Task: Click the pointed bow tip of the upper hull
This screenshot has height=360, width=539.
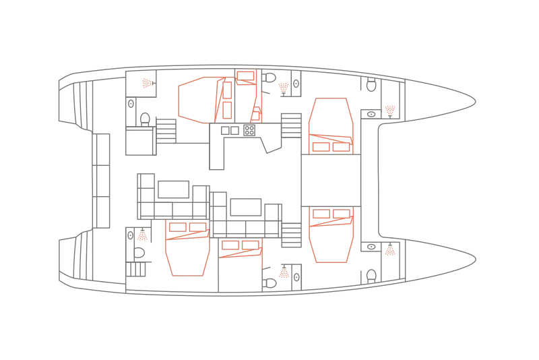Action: [x=476, y=102]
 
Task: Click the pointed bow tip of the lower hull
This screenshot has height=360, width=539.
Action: [x=476, y=257]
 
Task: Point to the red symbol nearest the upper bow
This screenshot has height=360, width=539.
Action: [x=389, y=109]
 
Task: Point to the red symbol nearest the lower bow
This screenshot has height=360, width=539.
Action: [x=389, y=252]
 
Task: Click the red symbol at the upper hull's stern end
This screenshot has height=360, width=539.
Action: [x=146, y=84]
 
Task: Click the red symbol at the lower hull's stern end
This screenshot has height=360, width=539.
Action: [x=142, y=237]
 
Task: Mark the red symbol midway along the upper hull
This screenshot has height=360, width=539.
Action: [x=284, y=86]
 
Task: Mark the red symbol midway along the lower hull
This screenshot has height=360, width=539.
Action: [x=285, y=274]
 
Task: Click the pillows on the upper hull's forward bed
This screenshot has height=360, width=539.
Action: [x=329, y=144]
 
